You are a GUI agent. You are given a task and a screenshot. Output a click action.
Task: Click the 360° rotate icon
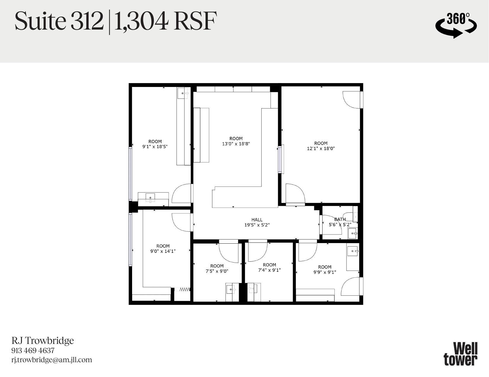pyautogui.click(x=456, y=25)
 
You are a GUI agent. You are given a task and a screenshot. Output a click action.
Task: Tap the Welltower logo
pyautogui.click(x=461, y=354)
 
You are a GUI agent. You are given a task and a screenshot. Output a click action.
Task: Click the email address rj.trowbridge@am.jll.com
pyautogui.click(x=52, y=360)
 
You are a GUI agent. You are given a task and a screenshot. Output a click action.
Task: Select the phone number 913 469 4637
pyautogui.click(x=33, y=350)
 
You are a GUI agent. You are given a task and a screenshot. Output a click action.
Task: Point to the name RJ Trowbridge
pyautogui.click(x=43, y=341)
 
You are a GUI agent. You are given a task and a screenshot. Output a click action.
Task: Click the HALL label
pyautogui.click(x=257, y=220)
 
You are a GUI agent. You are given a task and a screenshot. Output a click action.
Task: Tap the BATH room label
pyautogui.click(x=340, y=219)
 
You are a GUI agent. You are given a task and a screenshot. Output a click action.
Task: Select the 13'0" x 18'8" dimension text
pyautogui.click(x=236, y=144)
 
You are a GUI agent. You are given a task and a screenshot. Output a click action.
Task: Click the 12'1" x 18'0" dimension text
pyautogui.click(x=321, y=148)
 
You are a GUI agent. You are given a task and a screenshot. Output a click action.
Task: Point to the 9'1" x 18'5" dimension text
pyautogui.click(x=155, y=146)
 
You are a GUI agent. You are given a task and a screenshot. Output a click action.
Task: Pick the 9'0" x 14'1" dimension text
pyautogui.click(x=163, y=251)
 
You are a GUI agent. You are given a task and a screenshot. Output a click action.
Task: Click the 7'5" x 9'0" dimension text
pyautogui.click(x=217, y=271)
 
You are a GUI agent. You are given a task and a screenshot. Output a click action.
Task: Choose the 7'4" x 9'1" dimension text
pyautogui.click(x=269, y=270)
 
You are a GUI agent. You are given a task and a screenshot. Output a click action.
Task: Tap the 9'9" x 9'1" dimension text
pyautogui.click(x=325, y=272)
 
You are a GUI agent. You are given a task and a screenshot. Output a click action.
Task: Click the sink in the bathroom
pyautogui.click(x=352, y=234)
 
